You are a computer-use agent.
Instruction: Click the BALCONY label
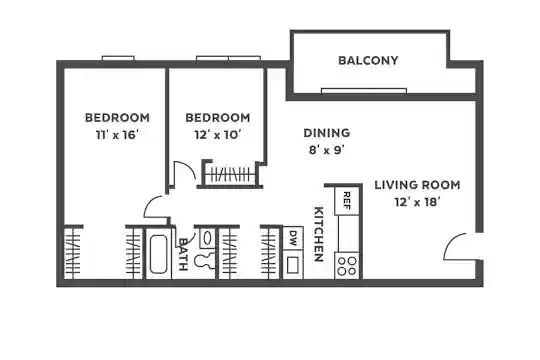pyautogui.click(x=368, y=61)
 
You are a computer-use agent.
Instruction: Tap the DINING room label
pyautogui.click(x=326, y=133)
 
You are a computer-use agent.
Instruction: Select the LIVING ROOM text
pyautogui.click(x=417, y=185)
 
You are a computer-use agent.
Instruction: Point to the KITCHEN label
pyautogui.click(x=319, y=234)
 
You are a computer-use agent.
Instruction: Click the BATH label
pyautogui.click(x=183, y=254)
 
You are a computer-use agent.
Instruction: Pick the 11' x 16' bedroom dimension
pyautogui.click(x=117, y=135)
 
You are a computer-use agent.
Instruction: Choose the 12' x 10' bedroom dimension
pyautogui.click(x=217, y=135)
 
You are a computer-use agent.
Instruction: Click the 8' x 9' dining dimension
pyautogui.click(x=326, y=150)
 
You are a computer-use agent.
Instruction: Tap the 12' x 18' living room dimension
pyautogui.click(x=417, y=202)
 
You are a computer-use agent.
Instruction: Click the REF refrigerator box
pyautogui.click(x=347, y=201)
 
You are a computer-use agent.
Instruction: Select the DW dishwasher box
pyautogui.click(x=293, y=238)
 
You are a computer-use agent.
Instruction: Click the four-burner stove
pyautogui.click(x=347, y=266)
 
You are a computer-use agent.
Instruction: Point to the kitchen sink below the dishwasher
pyautogui.click(x=293, y=265)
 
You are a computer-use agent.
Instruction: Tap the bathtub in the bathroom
pyautogui.click(x=158, y=253)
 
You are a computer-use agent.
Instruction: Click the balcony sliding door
pyautogui.click(x=364, y=91)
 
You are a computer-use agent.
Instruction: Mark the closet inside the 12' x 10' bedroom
pyautogui.click(x=230, y=174)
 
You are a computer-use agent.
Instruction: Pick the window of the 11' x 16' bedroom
pyautogui.click(x=118, y=58)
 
